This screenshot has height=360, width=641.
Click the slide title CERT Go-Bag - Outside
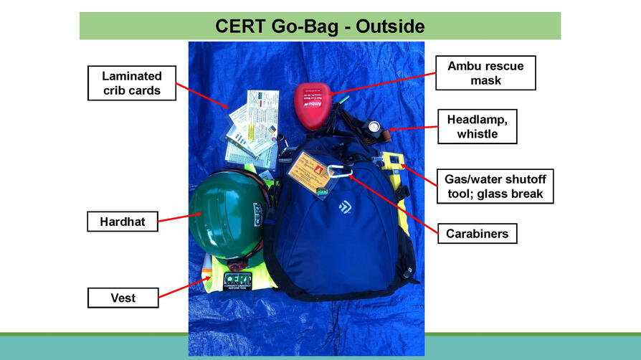[320, 27]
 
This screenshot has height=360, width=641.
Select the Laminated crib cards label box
[131, 82]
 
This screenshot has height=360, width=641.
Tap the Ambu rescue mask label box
[485, 73]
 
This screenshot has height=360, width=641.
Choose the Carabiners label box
[477, 234]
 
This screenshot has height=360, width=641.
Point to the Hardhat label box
[122, 222]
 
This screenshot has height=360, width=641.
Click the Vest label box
[122, 297]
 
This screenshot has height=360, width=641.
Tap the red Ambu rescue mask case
[313, 106]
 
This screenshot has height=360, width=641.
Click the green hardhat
[228, 214]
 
